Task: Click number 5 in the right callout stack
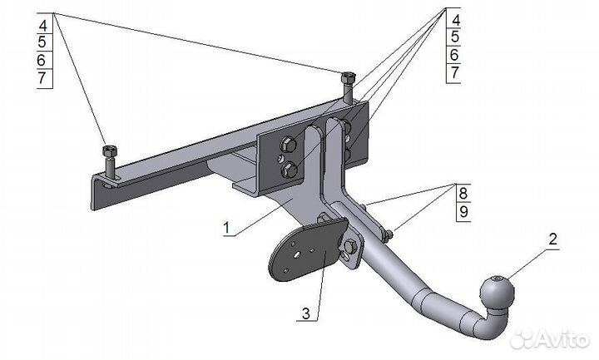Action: [454, 37]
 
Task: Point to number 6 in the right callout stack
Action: [454, 55]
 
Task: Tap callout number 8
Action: [462, 193]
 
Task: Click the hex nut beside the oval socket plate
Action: [350, 245]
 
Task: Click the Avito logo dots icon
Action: [522, 339]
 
